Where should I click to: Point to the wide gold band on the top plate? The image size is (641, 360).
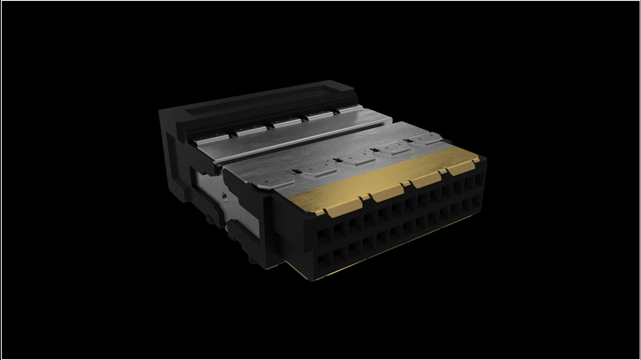(388, 180)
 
